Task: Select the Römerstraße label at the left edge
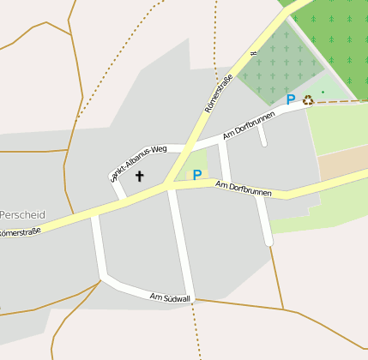tap(20, 232)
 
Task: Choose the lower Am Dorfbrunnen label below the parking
tap(244, 189)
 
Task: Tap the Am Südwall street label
tap(170, 297)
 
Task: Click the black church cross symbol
tap(140, 176)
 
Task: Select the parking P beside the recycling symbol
tap(291, 99)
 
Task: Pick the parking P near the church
tap(197, 175)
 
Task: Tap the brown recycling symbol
tap(308, 99)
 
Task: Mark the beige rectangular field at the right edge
tap(342, 164)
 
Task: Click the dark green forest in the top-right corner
tap(339, 34)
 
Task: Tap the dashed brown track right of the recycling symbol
tap(343, 101)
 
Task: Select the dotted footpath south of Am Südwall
tap(198, 330)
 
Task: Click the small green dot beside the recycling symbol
tap(323, 92)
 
